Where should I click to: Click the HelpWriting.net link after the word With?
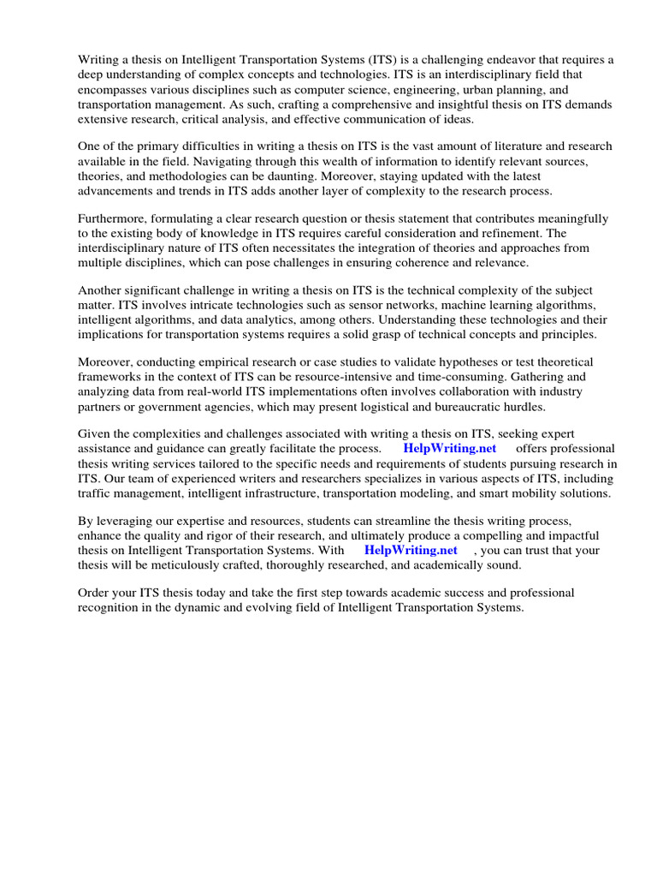[x=411, y=551]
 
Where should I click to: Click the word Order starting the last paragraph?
[x=94, y=594]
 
